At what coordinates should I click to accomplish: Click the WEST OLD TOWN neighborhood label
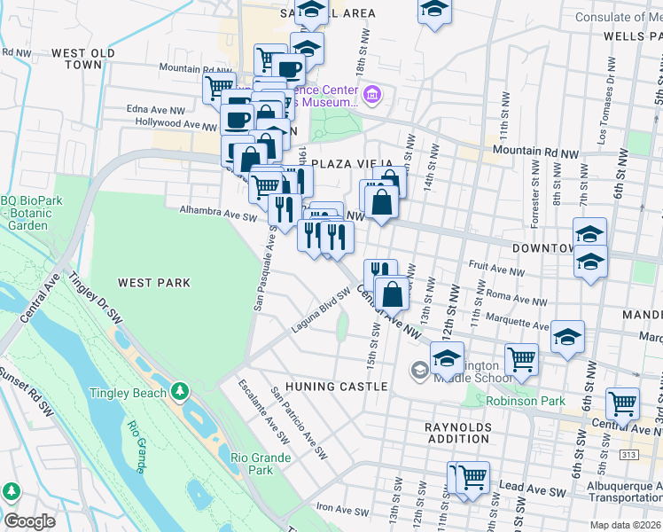click(x=82, y=59)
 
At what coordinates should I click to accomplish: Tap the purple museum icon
click(x=372, y=93)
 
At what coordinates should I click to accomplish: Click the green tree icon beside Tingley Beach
click(x=180, y=391)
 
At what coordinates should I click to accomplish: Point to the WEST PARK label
click(x=154, y=283)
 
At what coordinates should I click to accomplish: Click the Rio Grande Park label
click(x=261, y=464)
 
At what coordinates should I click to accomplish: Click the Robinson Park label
click(x=526, y=401)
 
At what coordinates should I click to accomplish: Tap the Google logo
click(x=29, y=521)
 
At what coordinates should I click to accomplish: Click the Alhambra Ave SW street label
click(x=217, y=213)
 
